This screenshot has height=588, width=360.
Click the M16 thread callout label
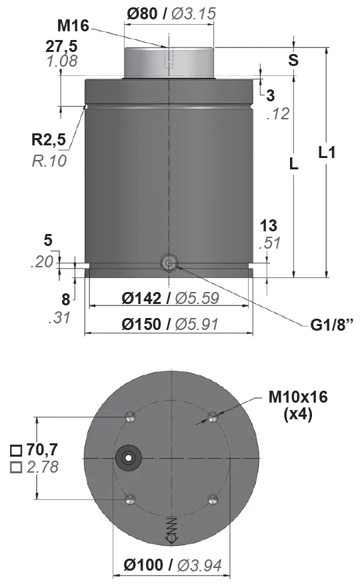[73, 26]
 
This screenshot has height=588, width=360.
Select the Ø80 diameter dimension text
[142, 13]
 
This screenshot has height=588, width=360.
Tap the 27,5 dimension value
[62, 47]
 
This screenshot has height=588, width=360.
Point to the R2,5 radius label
[49, 139]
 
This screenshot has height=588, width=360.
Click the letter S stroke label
[293, 60]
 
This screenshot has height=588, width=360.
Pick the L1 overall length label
[327, 153]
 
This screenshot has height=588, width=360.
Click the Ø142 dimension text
[141, 298]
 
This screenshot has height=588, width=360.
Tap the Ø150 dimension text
[141, 325]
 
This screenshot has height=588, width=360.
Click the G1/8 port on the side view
[169, 263]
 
